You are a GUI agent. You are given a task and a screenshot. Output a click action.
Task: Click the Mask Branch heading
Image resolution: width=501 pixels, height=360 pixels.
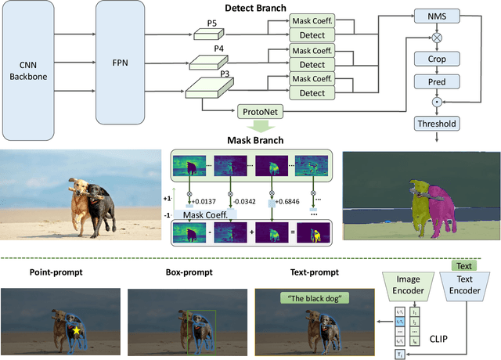tap(255, 142)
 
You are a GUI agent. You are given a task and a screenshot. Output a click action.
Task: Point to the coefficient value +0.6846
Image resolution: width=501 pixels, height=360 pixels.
tap(291, 203)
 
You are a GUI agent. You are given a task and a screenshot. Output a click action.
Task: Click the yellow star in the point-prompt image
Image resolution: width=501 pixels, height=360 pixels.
tap(77, 332)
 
